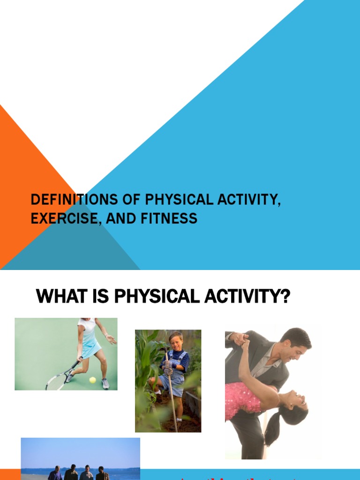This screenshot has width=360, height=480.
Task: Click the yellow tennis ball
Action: click(92, 380)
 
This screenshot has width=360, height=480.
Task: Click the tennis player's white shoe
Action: click(105, 383)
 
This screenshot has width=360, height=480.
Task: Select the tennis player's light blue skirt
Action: click(91, 348)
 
